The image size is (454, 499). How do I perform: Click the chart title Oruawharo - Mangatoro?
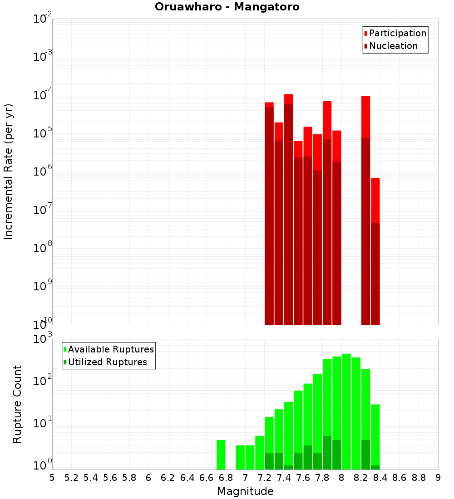[x=227, y=7]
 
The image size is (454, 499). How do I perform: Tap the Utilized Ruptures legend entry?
[x=107, y=362]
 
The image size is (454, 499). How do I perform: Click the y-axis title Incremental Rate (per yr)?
[x=8, y=171]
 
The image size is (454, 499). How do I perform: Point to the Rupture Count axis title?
[x=17, y=404]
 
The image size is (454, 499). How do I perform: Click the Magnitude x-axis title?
[x=245, y=491]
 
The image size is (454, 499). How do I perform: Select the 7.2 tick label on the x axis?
[x=264, y=478]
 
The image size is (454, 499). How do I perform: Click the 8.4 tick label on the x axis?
[x=380, y=478]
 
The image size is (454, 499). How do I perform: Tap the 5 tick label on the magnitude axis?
[x=52, y=478]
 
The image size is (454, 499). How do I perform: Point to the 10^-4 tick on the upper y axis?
[x=43, y=95]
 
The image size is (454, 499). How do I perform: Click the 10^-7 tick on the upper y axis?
[x=43, y=210]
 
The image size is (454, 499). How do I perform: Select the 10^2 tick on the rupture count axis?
[x=44, y=380]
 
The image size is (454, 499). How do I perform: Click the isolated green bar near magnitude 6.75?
[x=221, y=455]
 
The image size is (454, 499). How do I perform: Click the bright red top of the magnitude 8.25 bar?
[x=365, y=116]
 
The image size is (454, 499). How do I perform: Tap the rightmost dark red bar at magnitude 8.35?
[x=375, y=272]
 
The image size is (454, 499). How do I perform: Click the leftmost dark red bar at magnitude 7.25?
[x=269, y=218]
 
